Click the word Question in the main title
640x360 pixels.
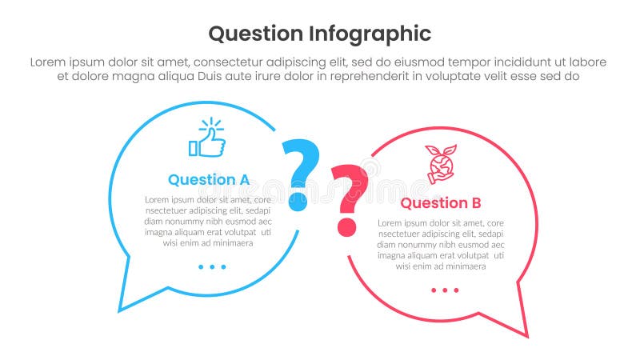tap(256, 34)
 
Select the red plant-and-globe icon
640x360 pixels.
tap(439, 164)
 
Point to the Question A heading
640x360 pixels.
tap(209, 179)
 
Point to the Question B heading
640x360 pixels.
tap(440, 202)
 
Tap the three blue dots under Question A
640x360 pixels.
tap(212, 266)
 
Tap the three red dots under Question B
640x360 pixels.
tap(444, 290)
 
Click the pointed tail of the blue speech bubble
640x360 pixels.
tap(122, 307)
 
